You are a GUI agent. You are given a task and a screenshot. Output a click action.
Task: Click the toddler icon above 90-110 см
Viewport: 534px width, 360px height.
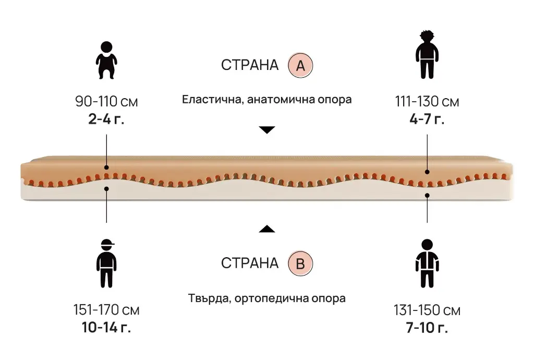tap(106, 60)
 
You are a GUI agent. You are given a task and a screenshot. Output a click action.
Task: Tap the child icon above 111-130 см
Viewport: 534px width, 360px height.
tap(427, 55)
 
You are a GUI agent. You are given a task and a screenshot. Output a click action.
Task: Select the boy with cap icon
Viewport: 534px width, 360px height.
tap(106, 263)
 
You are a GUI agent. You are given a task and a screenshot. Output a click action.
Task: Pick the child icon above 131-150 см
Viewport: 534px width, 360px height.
tap(427, 263)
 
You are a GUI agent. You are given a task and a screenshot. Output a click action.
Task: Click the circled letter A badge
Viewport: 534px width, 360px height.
tap(300, 66)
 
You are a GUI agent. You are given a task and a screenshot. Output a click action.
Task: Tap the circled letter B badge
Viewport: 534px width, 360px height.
tap(300, 263)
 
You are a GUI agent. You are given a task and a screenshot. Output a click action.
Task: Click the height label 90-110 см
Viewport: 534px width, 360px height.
tap(106, 101)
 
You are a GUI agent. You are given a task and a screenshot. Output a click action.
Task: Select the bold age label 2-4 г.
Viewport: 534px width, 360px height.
tap(106, 118)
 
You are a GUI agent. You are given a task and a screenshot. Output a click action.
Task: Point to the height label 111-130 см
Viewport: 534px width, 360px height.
tap(427, 101)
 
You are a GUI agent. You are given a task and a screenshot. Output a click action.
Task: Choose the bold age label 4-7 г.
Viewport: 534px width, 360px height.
tap(427, 118)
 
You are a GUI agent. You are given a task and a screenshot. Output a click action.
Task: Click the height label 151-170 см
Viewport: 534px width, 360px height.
tap(106, 310)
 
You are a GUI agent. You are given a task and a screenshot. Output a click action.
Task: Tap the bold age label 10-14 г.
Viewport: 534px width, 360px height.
tap(106, 328)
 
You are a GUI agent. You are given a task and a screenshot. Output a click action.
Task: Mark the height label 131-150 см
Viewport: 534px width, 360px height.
tap(427, 310)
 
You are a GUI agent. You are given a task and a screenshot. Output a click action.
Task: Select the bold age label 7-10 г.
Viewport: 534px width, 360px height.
tap(427, 328)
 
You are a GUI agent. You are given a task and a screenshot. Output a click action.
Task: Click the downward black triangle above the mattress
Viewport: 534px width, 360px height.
tap(267, 130)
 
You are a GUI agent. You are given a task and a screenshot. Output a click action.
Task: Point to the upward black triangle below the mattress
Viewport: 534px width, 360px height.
tap(267, 229)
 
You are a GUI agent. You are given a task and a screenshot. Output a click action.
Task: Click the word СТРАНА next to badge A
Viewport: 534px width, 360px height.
tap(250, 66)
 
